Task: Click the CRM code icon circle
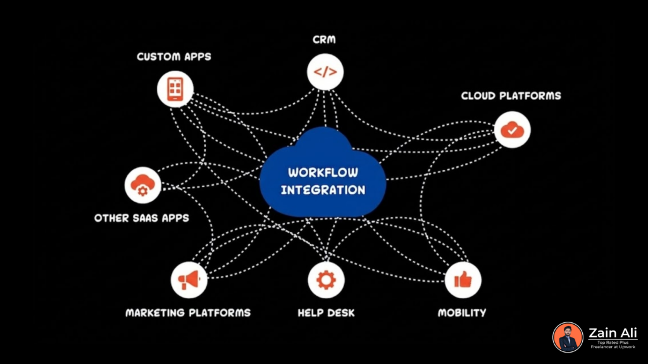pyautogui.click(x=325, y=71)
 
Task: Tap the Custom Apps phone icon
pyautogui.click(x=175, y=88)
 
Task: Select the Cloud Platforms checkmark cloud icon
pyautogui.click(x=512, y=130)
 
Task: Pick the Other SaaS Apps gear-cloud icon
pyautogui.click(x=143, y=185)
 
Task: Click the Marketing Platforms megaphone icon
pyautogui.click(x=189, y=279)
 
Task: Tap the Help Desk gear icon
pyautogui.click(x=326, y=279)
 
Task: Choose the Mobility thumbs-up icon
pyautogui.click(x=463, y=279)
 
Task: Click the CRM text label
pyautogui.click(x=325, y=40)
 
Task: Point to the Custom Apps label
pyautogui.click(x=174, y=57)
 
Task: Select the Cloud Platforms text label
pyautogui.click(x=511, y=96)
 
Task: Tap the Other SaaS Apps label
pyautogui.click(x=142, y=218)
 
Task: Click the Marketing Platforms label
pyautogui.click(x=188, y=313)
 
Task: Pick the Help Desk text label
pyautogui.click(x=326, y=313)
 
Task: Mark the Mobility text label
pyautogui.click(x=462, y=313)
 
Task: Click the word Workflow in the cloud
pyautogui.click(x=323, y=172)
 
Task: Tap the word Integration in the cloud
pyautogui.click(x=323, y=190)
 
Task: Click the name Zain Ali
pyautogui.click(x=613, y=332)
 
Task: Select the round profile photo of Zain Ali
pyautogui.click(x=568, y=337)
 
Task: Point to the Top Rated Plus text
pyautogui.click(x=613, y=343)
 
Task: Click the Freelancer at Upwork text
pyautogui.click(x=613, y=348)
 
